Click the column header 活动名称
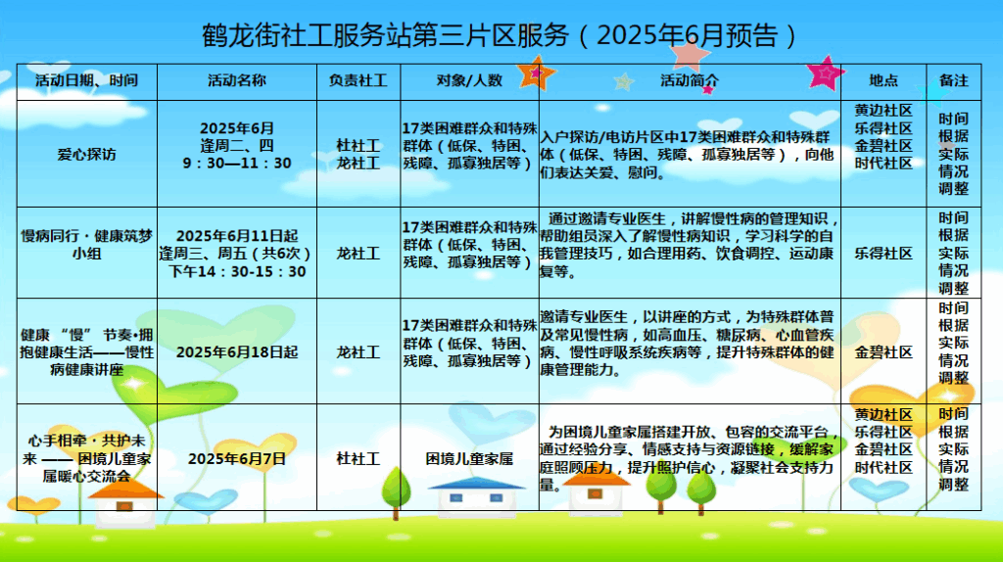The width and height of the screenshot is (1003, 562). click(x=237, y=80)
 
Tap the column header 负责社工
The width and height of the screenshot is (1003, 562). click(x=358, y=80)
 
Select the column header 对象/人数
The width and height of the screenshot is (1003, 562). click(x=469, y=80)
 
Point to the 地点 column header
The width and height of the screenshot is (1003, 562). click(x=884, y=80)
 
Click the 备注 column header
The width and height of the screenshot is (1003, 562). click(x=954, y=80)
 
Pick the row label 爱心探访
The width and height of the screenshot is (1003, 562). click(x=86, y=154)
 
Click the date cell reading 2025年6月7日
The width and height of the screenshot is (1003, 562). click(x=237, y=459)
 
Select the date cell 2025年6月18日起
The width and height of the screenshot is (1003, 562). click(x=237, y=352)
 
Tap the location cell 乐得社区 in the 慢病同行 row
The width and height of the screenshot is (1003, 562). click(x=884, y=254)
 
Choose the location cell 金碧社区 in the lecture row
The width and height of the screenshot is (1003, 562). click(x=884, y=352)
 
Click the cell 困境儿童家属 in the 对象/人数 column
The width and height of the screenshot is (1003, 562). click(x=469, y=459)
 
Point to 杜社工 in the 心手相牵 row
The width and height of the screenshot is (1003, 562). click(x=358, y=459)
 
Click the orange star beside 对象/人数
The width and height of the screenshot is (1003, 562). click(x=536, y=73)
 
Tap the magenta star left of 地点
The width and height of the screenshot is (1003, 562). click(x=826, y=72)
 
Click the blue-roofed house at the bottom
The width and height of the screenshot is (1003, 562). click(x=477, y=496)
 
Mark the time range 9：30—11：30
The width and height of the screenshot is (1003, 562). click(x=237, y=164)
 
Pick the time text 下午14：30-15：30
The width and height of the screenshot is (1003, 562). click(x=237, y=271)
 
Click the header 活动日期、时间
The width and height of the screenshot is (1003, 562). click(x=86, y=80)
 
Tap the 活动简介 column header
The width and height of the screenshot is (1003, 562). click(x=690, y=80)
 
